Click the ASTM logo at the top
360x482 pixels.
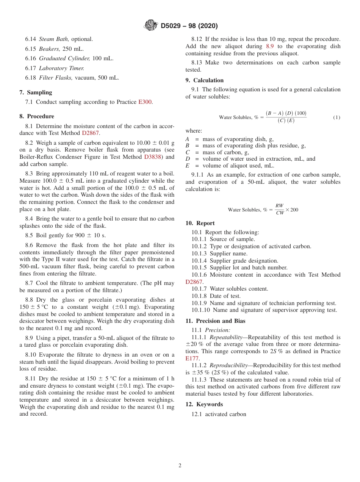coord(151,26)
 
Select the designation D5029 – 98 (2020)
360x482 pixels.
coord(189,26)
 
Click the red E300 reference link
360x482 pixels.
coord(145,102)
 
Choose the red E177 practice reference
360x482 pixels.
coord(192,358)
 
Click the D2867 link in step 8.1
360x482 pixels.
coord(90,133)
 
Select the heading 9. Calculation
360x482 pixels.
coord(204,80)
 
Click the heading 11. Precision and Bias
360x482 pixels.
coord(215,321)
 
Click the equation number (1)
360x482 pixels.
coord(337,117)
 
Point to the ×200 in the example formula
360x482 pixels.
coord(292,210)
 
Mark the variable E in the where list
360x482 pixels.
coord(187,166)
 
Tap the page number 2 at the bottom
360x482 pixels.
coord(180,466)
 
